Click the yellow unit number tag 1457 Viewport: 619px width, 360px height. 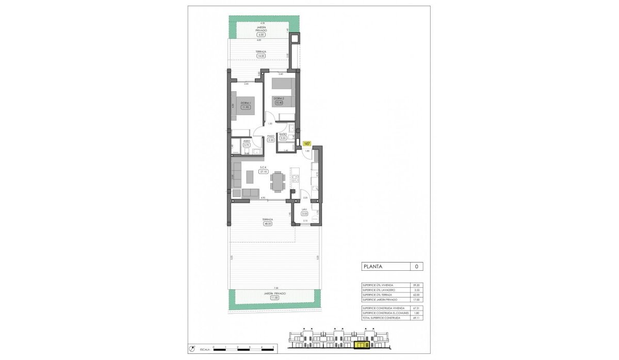(x=307, y=143)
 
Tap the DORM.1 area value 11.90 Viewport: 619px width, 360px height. (x=246, y=107)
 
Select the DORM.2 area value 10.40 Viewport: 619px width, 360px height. (x=279, y=103)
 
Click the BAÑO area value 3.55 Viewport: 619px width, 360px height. (x=283, y=138)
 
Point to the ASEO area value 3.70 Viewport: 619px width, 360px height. (x=246, y=145)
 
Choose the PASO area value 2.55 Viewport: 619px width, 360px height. (x=271, y=140)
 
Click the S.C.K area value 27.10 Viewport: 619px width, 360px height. (x=263, y=171)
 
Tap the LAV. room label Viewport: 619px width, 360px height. (x=304, y=209)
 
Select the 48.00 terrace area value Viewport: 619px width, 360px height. (x=268, y=224)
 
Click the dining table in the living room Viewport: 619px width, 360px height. (x=278, y=181)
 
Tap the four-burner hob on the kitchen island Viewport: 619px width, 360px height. (x=296, y=179)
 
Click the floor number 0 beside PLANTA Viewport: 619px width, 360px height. (x=416, y=267)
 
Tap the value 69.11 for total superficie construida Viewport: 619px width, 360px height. (x=416, y=318)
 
